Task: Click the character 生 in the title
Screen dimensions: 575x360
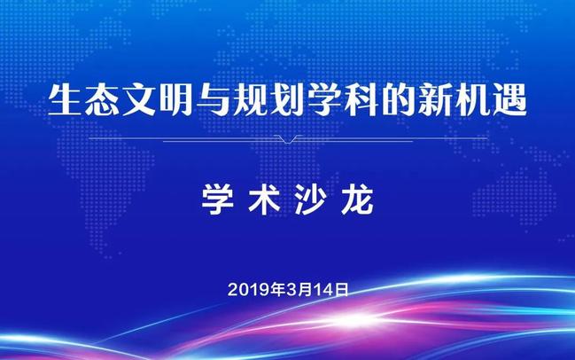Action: click(x=65, y=100)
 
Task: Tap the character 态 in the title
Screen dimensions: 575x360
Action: click(x=102, y=100)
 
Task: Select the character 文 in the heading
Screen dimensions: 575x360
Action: click(x=139, y=100)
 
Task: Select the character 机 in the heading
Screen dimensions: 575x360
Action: click(x=473, y=100)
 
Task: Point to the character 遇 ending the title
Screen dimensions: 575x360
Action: click(x=510, y=100)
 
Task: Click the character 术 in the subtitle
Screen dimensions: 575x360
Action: click(x=264, y=200)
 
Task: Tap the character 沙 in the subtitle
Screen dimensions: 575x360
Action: click(x=311, y=200)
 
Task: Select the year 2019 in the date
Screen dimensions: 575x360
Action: click(x=249, y=290)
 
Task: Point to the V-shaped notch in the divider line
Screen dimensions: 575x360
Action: click(x=288, y=139)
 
